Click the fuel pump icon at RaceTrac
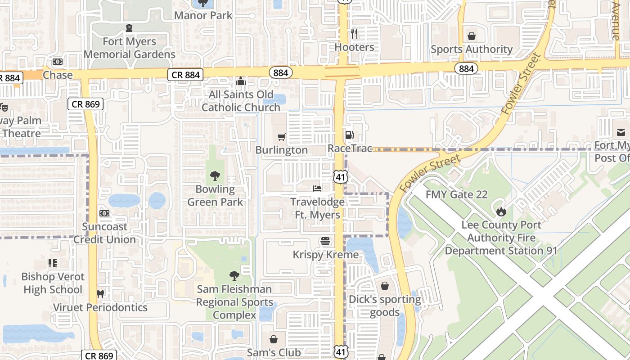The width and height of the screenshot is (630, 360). pos(349,135)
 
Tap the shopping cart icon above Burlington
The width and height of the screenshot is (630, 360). pos(282,137)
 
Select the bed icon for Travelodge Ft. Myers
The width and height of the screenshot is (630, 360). pos(317,188)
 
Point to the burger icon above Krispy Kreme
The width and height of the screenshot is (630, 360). pos(325,242)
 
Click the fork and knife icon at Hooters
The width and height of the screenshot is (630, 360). pos(354,34)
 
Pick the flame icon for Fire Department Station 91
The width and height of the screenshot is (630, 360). pos(501,211)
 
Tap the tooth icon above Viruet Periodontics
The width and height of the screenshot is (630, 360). pos(100,294)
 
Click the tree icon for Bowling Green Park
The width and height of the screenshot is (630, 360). pos(215,176)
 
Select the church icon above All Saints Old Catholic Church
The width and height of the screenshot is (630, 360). pos(241,81)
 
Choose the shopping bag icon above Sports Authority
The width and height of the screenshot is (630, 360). pos(472,36)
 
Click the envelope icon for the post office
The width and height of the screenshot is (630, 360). pos(621,132)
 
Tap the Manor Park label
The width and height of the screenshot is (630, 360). pos(203,15)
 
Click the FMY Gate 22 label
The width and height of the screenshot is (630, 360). pos(456,195)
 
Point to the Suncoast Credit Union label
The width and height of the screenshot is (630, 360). pos(104,233)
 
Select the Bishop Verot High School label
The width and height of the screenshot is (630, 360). pos(53,283)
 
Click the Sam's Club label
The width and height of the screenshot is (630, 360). pos(274,352)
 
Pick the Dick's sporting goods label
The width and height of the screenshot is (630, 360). pos(385,306)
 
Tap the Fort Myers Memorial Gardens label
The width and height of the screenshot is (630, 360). pos(129,48)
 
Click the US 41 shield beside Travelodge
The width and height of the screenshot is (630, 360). pos(340,177)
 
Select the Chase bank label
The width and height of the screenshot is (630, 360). pos(58,75)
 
